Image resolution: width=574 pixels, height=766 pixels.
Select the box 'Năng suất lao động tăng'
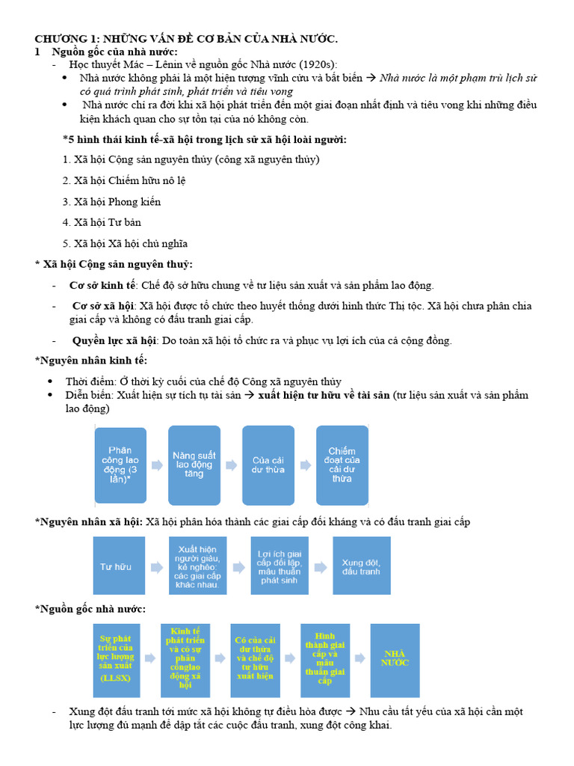tap(194, 465)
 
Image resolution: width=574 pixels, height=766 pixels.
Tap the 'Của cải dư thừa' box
tap(268, 465)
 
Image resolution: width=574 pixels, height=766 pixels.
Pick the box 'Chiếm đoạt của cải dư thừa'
tap(342, 465)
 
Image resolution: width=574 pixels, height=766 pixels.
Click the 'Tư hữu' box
tap(116, 566)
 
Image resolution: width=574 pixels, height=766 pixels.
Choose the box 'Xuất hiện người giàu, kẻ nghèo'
tap(197, 566)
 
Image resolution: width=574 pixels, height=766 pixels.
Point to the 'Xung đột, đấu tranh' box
tap(361, 566)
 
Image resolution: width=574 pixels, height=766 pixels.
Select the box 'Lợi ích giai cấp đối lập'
tap(278, 566)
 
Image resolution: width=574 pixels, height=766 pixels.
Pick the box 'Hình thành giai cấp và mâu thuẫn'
tap(325, 660)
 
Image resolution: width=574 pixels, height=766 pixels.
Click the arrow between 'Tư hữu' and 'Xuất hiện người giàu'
tap(157, 567)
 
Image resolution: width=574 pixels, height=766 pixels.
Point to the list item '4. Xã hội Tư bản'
tap(102, 222)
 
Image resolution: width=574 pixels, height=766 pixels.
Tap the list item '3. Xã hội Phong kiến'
tap(112, 201)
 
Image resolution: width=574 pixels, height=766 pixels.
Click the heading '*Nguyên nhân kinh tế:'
tap(91, 361)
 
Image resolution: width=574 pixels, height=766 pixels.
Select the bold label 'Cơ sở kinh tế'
tap(103, 285)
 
